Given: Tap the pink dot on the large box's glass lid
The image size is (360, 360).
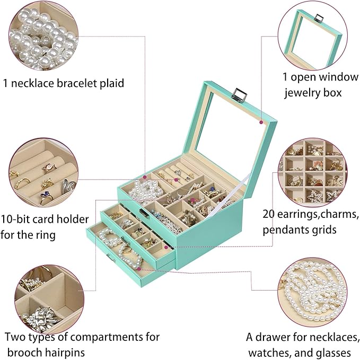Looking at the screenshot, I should pyautogui.click(x=261, y=122).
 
